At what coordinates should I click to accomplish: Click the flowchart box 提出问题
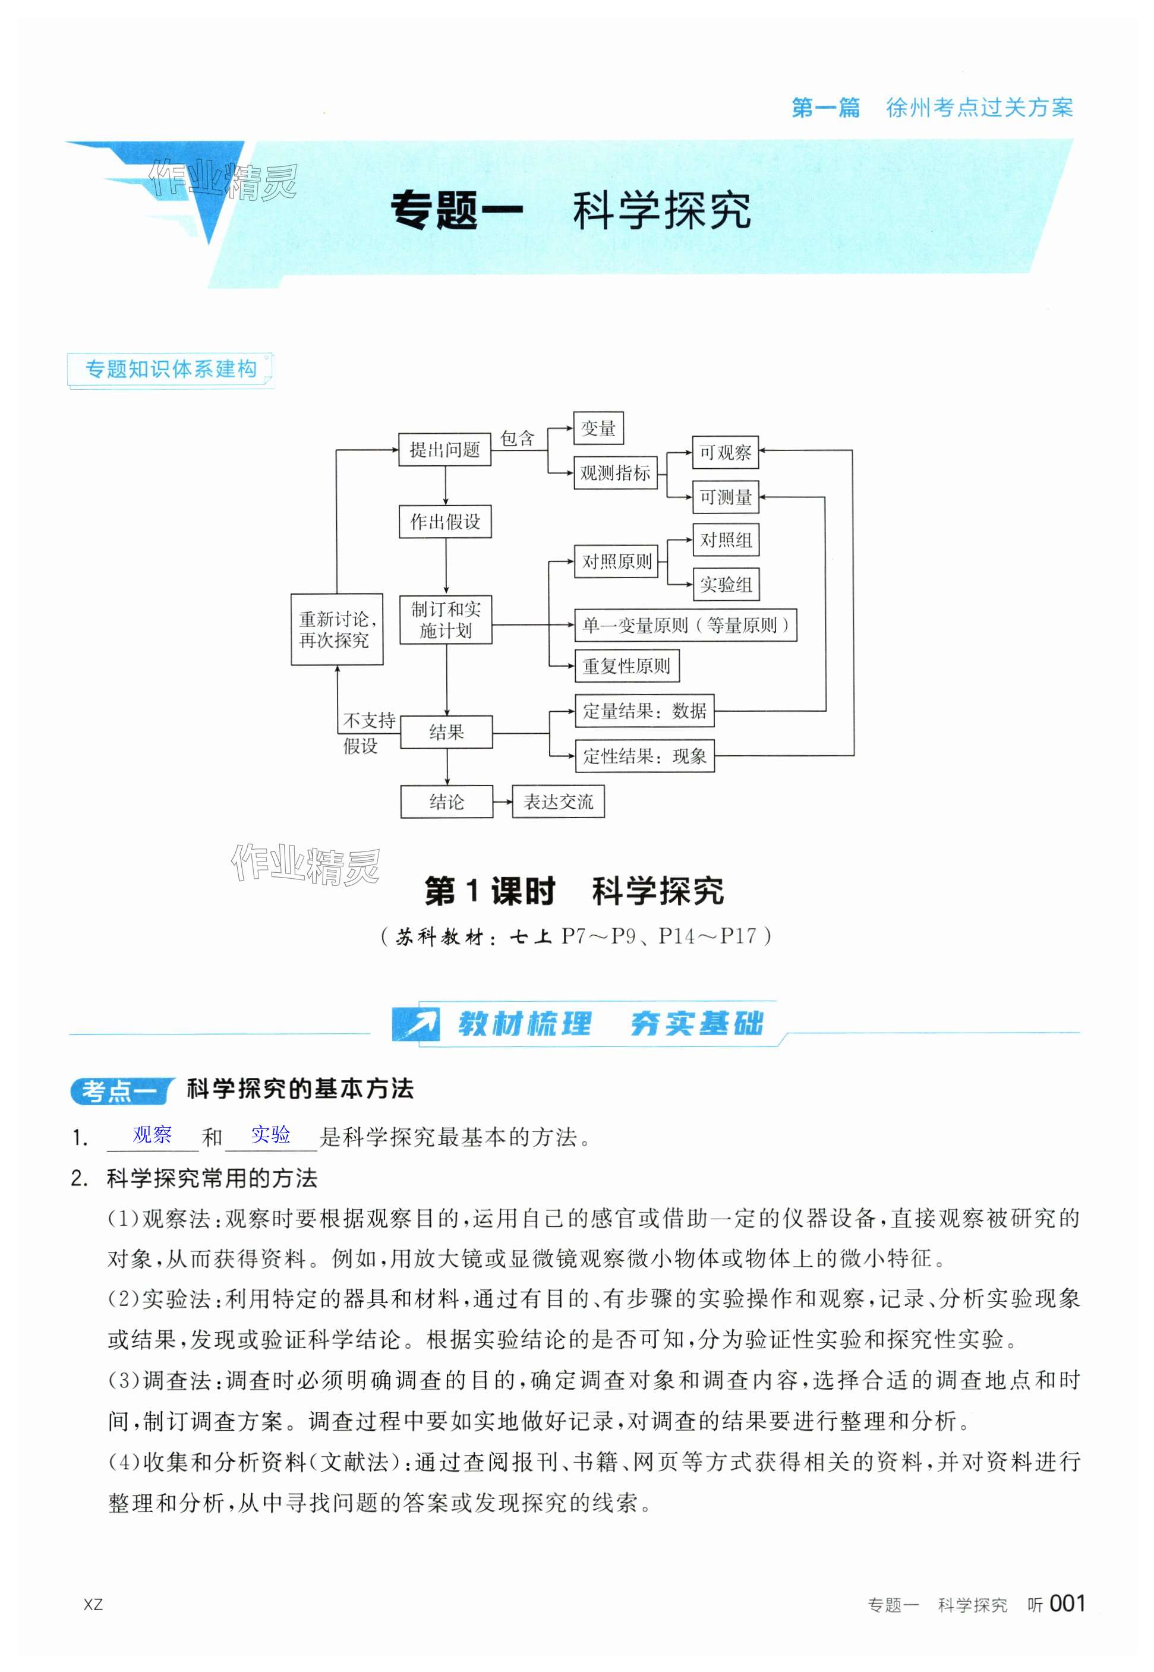click(444, 450)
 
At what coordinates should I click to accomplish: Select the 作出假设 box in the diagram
click(444, 521)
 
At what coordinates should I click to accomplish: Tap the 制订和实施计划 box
click(446, 620)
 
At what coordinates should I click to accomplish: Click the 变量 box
click(598, 428)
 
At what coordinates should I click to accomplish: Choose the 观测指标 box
click(615, 474)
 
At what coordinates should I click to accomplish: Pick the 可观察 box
click(725, 453)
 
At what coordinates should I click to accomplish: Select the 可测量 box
click(725, 497)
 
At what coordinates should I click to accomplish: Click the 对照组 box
click(725, 540)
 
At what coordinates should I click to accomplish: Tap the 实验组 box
click(725, 584)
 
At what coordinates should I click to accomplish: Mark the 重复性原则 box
click(626, 665)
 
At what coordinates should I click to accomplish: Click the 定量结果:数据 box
click(644, 711)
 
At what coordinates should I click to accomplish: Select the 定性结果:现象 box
click(644, 756)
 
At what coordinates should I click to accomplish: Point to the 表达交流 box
click(558, 802)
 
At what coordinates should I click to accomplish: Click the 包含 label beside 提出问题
click(517, 438)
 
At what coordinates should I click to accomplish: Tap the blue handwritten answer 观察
click(153, 1135)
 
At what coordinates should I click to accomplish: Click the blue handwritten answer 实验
click(270, 1135)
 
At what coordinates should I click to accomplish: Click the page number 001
click(1067, 1602)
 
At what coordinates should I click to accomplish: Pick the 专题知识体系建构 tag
click(171, 370)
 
